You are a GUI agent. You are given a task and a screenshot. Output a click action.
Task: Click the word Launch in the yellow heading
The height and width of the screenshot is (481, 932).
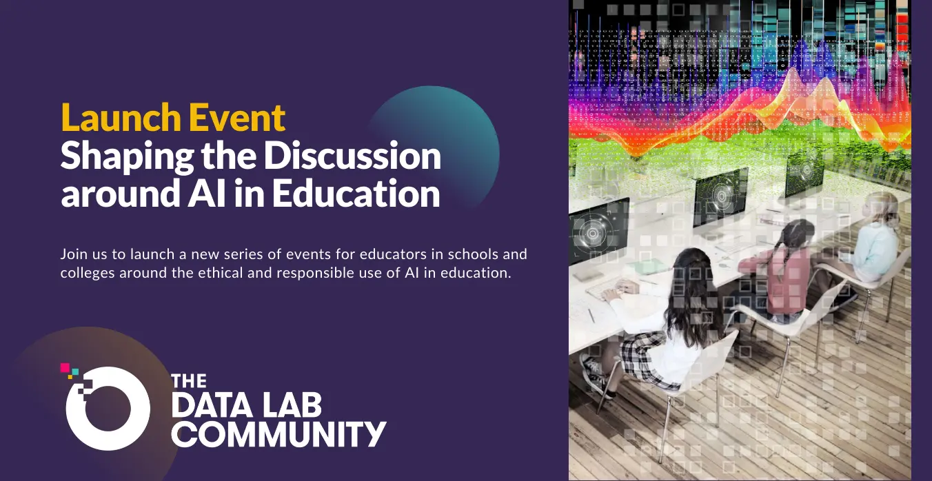(x=121, y=118)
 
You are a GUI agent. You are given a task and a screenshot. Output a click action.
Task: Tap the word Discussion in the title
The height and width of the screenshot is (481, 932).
(x=352, y=156)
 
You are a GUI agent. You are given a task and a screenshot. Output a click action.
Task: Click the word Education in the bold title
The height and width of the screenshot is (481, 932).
(x=356, y=194)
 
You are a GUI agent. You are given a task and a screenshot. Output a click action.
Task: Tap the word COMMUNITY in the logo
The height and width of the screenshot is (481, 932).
(x=279, y=433)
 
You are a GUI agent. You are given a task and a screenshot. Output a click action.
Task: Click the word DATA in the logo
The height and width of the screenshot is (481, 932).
(x=212, y=405)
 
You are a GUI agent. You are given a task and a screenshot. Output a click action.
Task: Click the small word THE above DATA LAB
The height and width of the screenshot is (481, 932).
(x=189, y=380)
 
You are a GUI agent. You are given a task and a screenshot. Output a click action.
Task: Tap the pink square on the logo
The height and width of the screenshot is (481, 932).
(x=65, y=367)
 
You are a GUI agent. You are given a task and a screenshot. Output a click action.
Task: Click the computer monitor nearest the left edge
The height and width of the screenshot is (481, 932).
(x=598, y=231)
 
